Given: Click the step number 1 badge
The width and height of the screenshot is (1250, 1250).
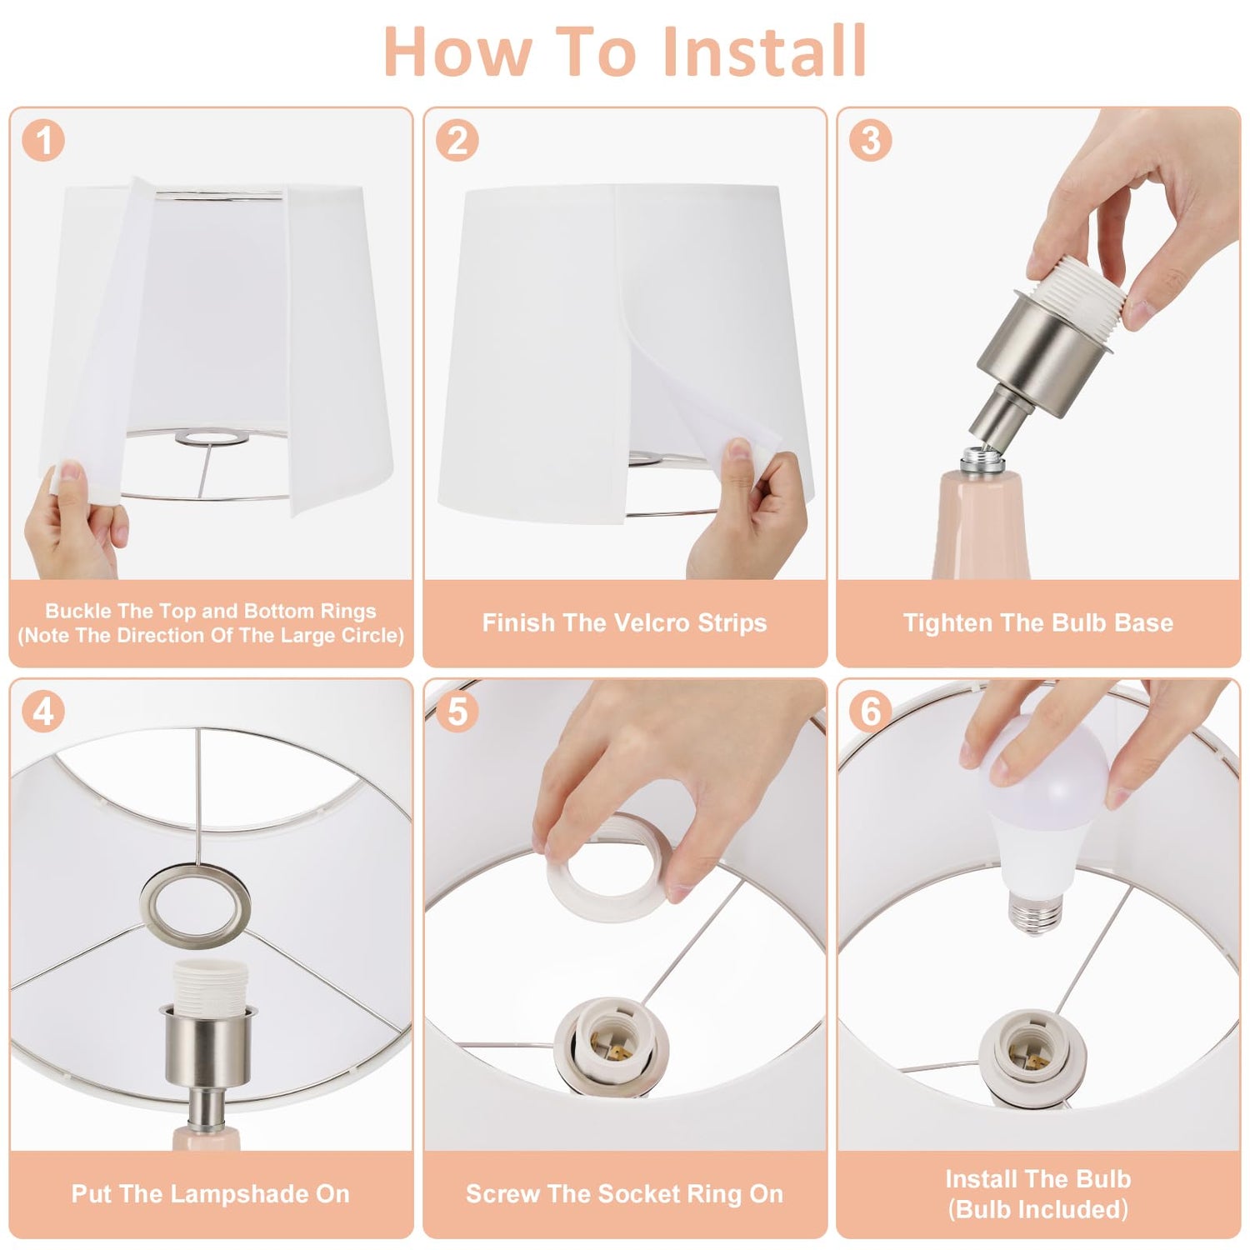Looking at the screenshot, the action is click(x=43, y=140).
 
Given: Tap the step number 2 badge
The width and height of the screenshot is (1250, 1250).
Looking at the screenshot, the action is click(x=457, y=140).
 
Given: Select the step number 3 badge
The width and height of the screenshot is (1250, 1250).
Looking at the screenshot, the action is click(x=871, y=140).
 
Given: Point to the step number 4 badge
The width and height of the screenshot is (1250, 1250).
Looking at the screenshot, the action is click(x=43, y=712).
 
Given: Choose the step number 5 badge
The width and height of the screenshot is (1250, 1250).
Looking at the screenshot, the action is click(x=457, y=712).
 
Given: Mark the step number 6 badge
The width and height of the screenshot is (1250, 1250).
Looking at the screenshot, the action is click(x=871, y=712).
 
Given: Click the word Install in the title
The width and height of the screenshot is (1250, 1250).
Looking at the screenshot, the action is click(x=764, y=51).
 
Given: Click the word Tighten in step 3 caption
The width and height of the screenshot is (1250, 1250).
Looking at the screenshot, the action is click(x=940, y=623).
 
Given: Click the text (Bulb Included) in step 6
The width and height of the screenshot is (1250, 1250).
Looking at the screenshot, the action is click(x=1038, y=1209).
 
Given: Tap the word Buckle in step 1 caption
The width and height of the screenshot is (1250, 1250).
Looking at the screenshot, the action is click(x=78, y=611).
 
